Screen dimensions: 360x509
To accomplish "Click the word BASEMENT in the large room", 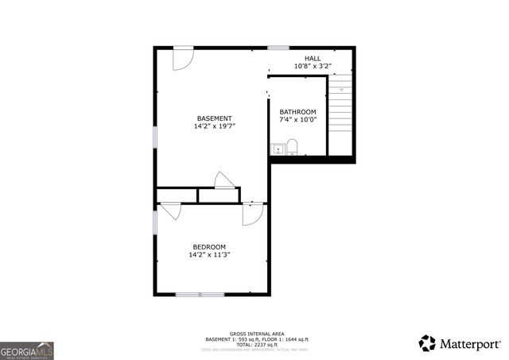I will click(215, 118).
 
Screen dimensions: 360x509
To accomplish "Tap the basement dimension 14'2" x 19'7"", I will click(215, 126).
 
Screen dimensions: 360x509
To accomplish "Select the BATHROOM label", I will click(298, 112).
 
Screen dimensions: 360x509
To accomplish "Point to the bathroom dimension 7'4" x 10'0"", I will click(298, 120).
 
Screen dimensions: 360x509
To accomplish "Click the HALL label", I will click(313, 58).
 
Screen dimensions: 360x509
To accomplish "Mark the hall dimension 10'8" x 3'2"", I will click(313, 65).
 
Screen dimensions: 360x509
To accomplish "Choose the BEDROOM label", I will click(209, 247).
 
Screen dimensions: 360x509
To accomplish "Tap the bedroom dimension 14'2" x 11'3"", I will click(209, 255).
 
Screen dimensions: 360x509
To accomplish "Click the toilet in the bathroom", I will click(292, 147).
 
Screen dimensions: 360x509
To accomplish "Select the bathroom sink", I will click(278, 148).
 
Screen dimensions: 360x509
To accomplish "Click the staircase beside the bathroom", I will click(340, 111).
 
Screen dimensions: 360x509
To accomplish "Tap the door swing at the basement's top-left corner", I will click(182, 58).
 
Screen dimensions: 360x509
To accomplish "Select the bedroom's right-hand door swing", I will click(253, 214).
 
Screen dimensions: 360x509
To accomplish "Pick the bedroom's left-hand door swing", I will click(170, 212).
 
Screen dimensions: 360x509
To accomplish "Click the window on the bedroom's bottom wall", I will click(200, 295).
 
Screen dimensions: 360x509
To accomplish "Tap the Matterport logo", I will click(460, 343).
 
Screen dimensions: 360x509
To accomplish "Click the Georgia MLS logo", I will click(27, 350).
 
